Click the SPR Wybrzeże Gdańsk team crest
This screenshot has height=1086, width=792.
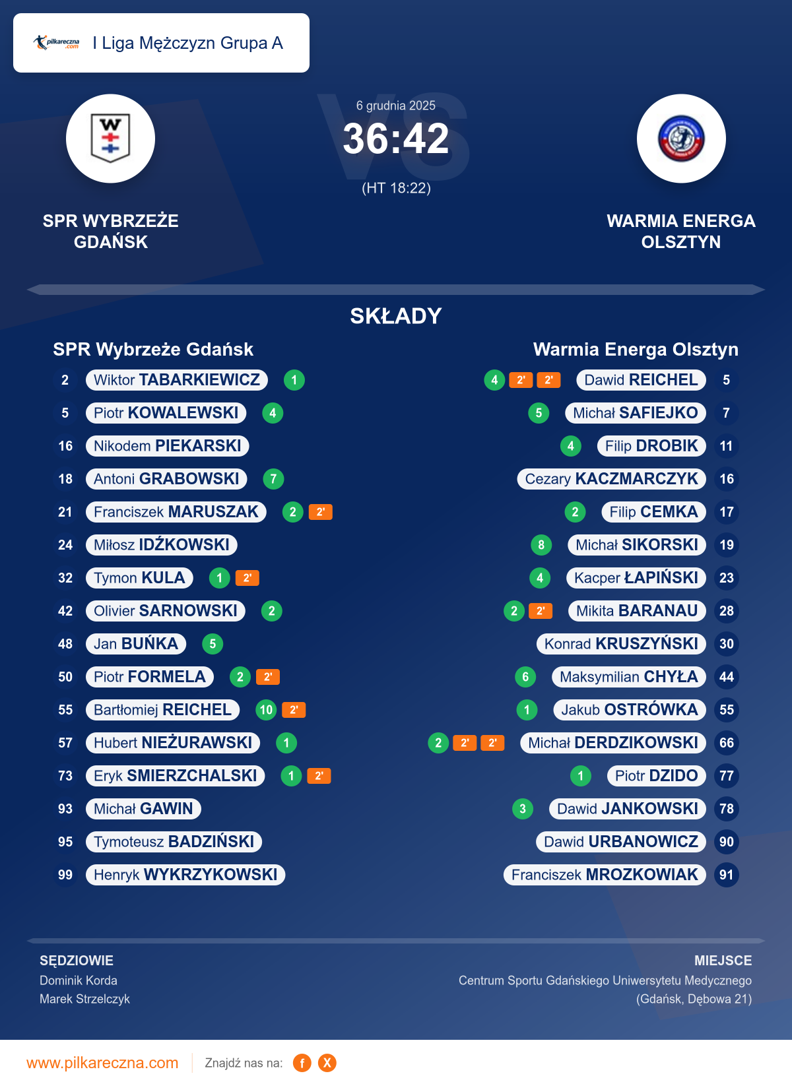[x=110, y=139]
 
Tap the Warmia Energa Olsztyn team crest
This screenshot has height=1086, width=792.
[x=681, y=139]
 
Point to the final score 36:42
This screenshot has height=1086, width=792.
[x=396, y=139]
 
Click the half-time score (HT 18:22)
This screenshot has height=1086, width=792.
[x=396, y=188]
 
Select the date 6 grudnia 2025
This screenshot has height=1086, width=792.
[x=396, y=106]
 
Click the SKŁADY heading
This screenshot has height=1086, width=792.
[x=396, y=316]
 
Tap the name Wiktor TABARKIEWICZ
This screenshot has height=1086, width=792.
[x=177, y=380]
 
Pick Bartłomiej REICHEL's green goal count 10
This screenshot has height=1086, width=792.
[x=266, y=710]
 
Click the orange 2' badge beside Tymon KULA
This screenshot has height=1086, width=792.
[x=247, y=578]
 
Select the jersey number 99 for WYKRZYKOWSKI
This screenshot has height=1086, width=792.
[x=65, y=875]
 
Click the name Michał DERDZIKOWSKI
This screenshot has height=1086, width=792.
[x=613, y=743]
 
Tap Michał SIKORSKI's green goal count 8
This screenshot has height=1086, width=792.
[x=541, y=545]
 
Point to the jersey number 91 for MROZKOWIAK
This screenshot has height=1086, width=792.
[x=727, y=875]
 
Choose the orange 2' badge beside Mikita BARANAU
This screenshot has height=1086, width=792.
[x=541, y=611]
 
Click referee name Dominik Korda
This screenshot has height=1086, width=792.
[x=79, y=980]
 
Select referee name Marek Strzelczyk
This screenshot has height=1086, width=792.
[x=84, y=999]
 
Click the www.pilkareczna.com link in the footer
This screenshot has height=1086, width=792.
[x=102, y=1063]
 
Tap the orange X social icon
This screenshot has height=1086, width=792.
[x=327, y=1063]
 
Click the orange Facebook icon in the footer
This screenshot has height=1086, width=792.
[x=302, y=1063]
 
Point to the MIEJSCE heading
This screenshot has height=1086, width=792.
[x=723, y=961]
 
